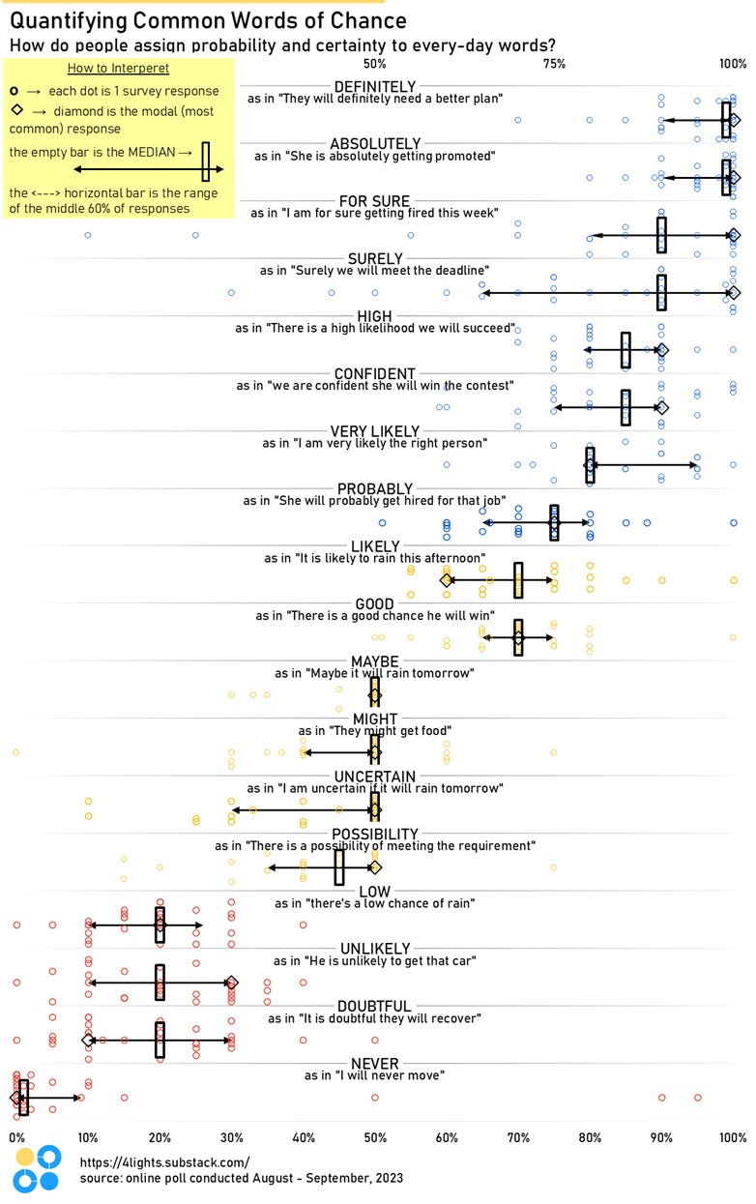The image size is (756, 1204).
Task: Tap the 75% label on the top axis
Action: pyautogui.click(x=554, y=64)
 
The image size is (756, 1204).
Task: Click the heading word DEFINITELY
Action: pyautogui.click(x=374, y=85)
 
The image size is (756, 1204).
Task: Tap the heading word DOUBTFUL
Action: pyautogui.click(x=374, y=1006)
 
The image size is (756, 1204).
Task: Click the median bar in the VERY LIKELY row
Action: pyautogui.click(x=590, y=464)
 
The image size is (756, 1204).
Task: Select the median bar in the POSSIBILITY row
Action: pyautogui.click(x=339, y=867)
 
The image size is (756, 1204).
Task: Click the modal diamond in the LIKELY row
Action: pyautogui.click(x=447, y=580)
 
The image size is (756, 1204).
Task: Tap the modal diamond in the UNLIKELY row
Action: pyautogui.click(x=231, y=983)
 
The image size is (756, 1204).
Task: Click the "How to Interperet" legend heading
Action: pyautogui.click(x=119, y=68)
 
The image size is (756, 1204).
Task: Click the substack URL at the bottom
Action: pyautogui.click(x=164, y=1162)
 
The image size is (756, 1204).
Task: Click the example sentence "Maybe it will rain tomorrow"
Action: pyautogui.click(x=374, y=672)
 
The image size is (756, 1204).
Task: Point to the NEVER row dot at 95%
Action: pyautogui.click(x=697, y=1098)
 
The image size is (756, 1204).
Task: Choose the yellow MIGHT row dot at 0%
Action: pyautogui.click(x=15, y=752)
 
